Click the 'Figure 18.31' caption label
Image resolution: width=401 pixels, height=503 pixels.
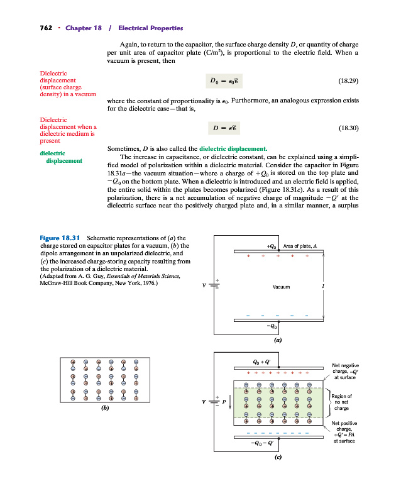point(59,238)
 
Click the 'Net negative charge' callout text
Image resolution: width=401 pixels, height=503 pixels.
point(345,371)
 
